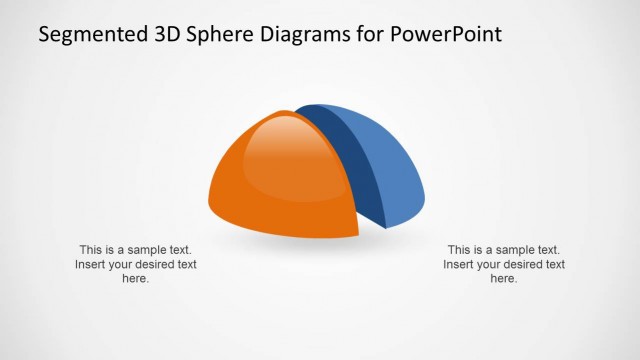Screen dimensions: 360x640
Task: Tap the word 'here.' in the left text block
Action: [136, 279]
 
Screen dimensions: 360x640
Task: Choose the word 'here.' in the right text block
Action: [504, 279]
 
